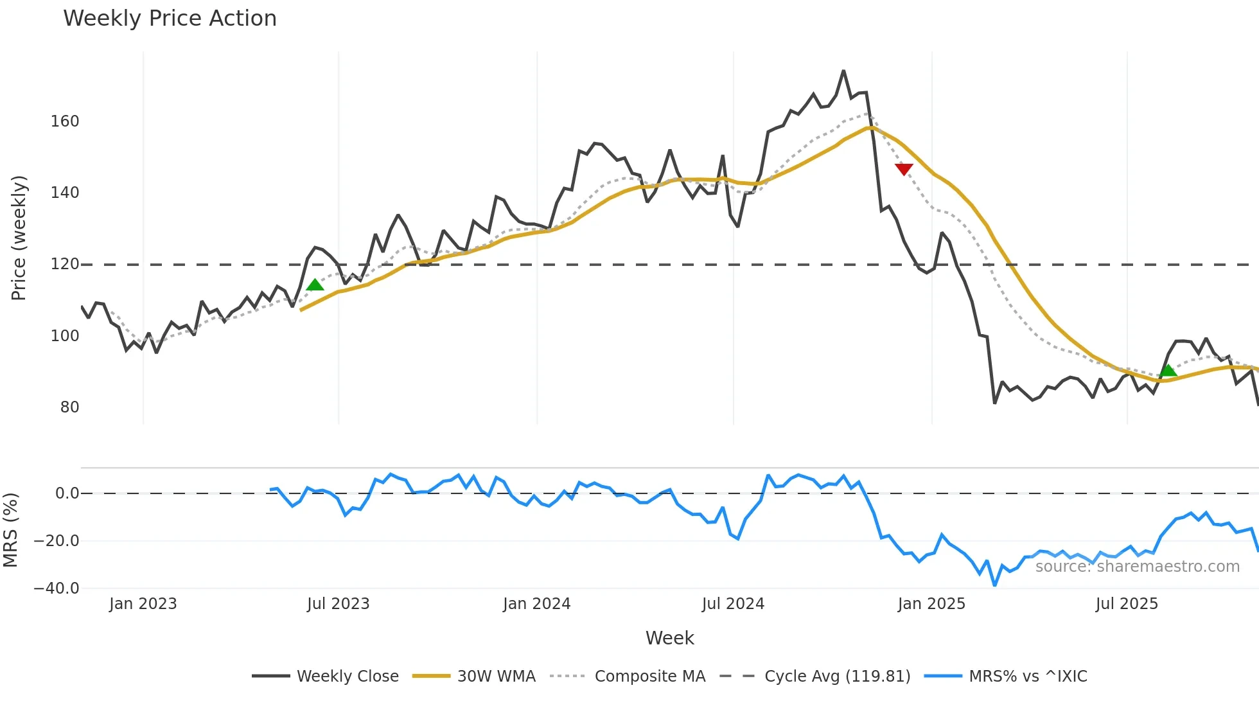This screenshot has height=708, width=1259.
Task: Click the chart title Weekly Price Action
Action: click(x=170, y=19)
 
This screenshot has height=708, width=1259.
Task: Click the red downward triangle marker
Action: click(x=904, y=169)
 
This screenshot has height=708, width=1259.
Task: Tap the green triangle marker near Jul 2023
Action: click(x=315, y=285)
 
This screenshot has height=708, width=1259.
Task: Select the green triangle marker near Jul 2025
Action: click(x=1168, y=370)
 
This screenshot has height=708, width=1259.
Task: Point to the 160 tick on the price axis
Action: click(x=65, y=121)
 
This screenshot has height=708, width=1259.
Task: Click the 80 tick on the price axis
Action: click(x=69, y=407)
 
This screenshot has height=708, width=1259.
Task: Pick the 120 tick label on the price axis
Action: click(x=65, y=264)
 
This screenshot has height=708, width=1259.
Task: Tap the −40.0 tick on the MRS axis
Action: click(x=57, y=589)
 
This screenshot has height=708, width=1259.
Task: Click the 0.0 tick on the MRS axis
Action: click(x=67, y=493)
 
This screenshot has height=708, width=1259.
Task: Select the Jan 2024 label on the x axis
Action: click(x=536, y=604)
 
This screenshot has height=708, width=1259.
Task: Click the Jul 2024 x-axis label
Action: click(x=733, y=604)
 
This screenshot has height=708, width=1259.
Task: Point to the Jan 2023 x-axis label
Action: click(x=143, y=604)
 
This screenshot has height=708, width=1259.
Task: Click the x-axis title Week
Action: click(x=669, y=638)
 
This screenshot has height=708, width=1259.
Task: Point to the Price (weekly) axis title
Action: click(x=19, y=238)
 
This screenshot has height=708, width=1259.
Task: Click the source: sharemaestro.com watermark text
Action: click(x=1137, y=567)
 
